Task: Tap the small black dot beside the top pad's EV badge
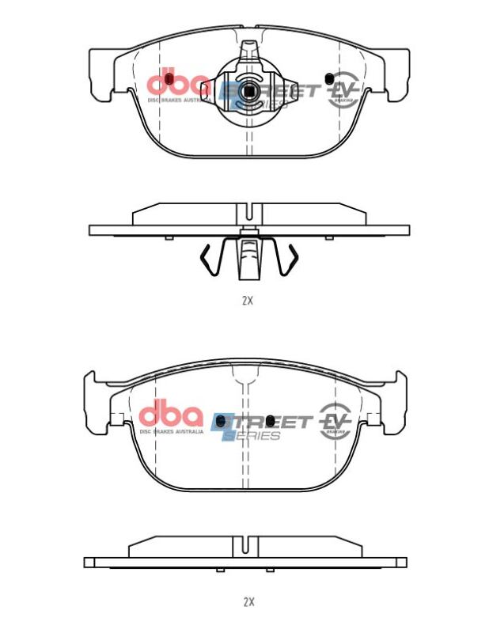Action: (x=328, y=78)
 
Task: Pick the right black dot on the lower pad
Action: (x=270, y=419)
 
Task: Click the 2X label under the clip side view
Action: (x=247, y=301)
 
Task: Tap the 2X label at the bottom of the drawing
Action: (x=248, y=602)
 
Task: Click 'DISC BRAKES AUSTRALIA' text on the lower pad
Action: (x=172, y=432)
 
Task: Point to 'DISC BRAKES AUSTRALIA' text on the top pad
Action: (x=180, y=100)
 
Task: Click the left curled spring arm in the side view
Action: (x=207, y=261)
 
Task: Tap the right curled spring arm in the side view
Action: (x=290, y=261)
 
